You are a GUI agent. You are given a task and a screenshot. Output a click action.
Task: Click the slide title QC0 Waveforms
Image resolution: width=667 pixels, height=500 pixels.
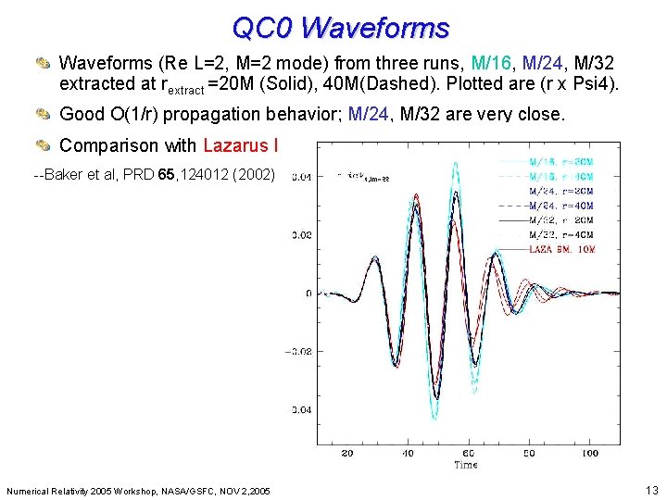[x=340, y=28]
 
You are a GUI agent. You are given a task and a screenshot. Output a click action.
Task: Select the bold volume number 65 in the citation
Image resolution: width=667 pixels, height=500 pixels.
[x=166, y=175]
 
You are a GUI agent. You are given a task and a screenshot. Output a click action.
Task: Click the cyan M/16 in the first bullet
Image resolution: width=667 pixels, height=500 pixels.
[x=493, y=64]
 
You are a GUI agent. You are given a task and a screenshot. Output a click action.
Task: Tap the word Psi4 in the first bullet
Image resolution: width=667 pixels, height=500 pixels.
[x=597, y=85]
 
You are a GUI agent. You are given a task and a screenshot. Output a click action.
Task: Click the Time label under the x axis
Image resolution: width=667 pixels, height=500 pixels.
[x=466, y=465]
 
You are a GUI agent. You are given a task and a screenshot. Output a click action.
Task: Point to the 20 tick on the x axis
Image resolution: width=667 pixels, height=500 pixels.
[x=347, y=453]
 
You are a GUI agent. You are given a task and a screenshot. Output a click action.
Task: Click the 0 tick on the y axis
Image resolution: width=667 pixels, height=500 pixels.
[x=308, y=294]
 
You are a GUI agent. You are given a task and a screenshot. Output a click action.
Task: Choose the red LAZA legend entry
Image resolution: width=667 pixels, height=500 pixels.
[x=561, y=249]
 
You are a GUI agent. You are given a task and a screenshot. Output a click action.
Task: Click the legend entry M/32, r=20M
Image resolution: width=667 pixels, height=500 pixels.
[x=560, y=220]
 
